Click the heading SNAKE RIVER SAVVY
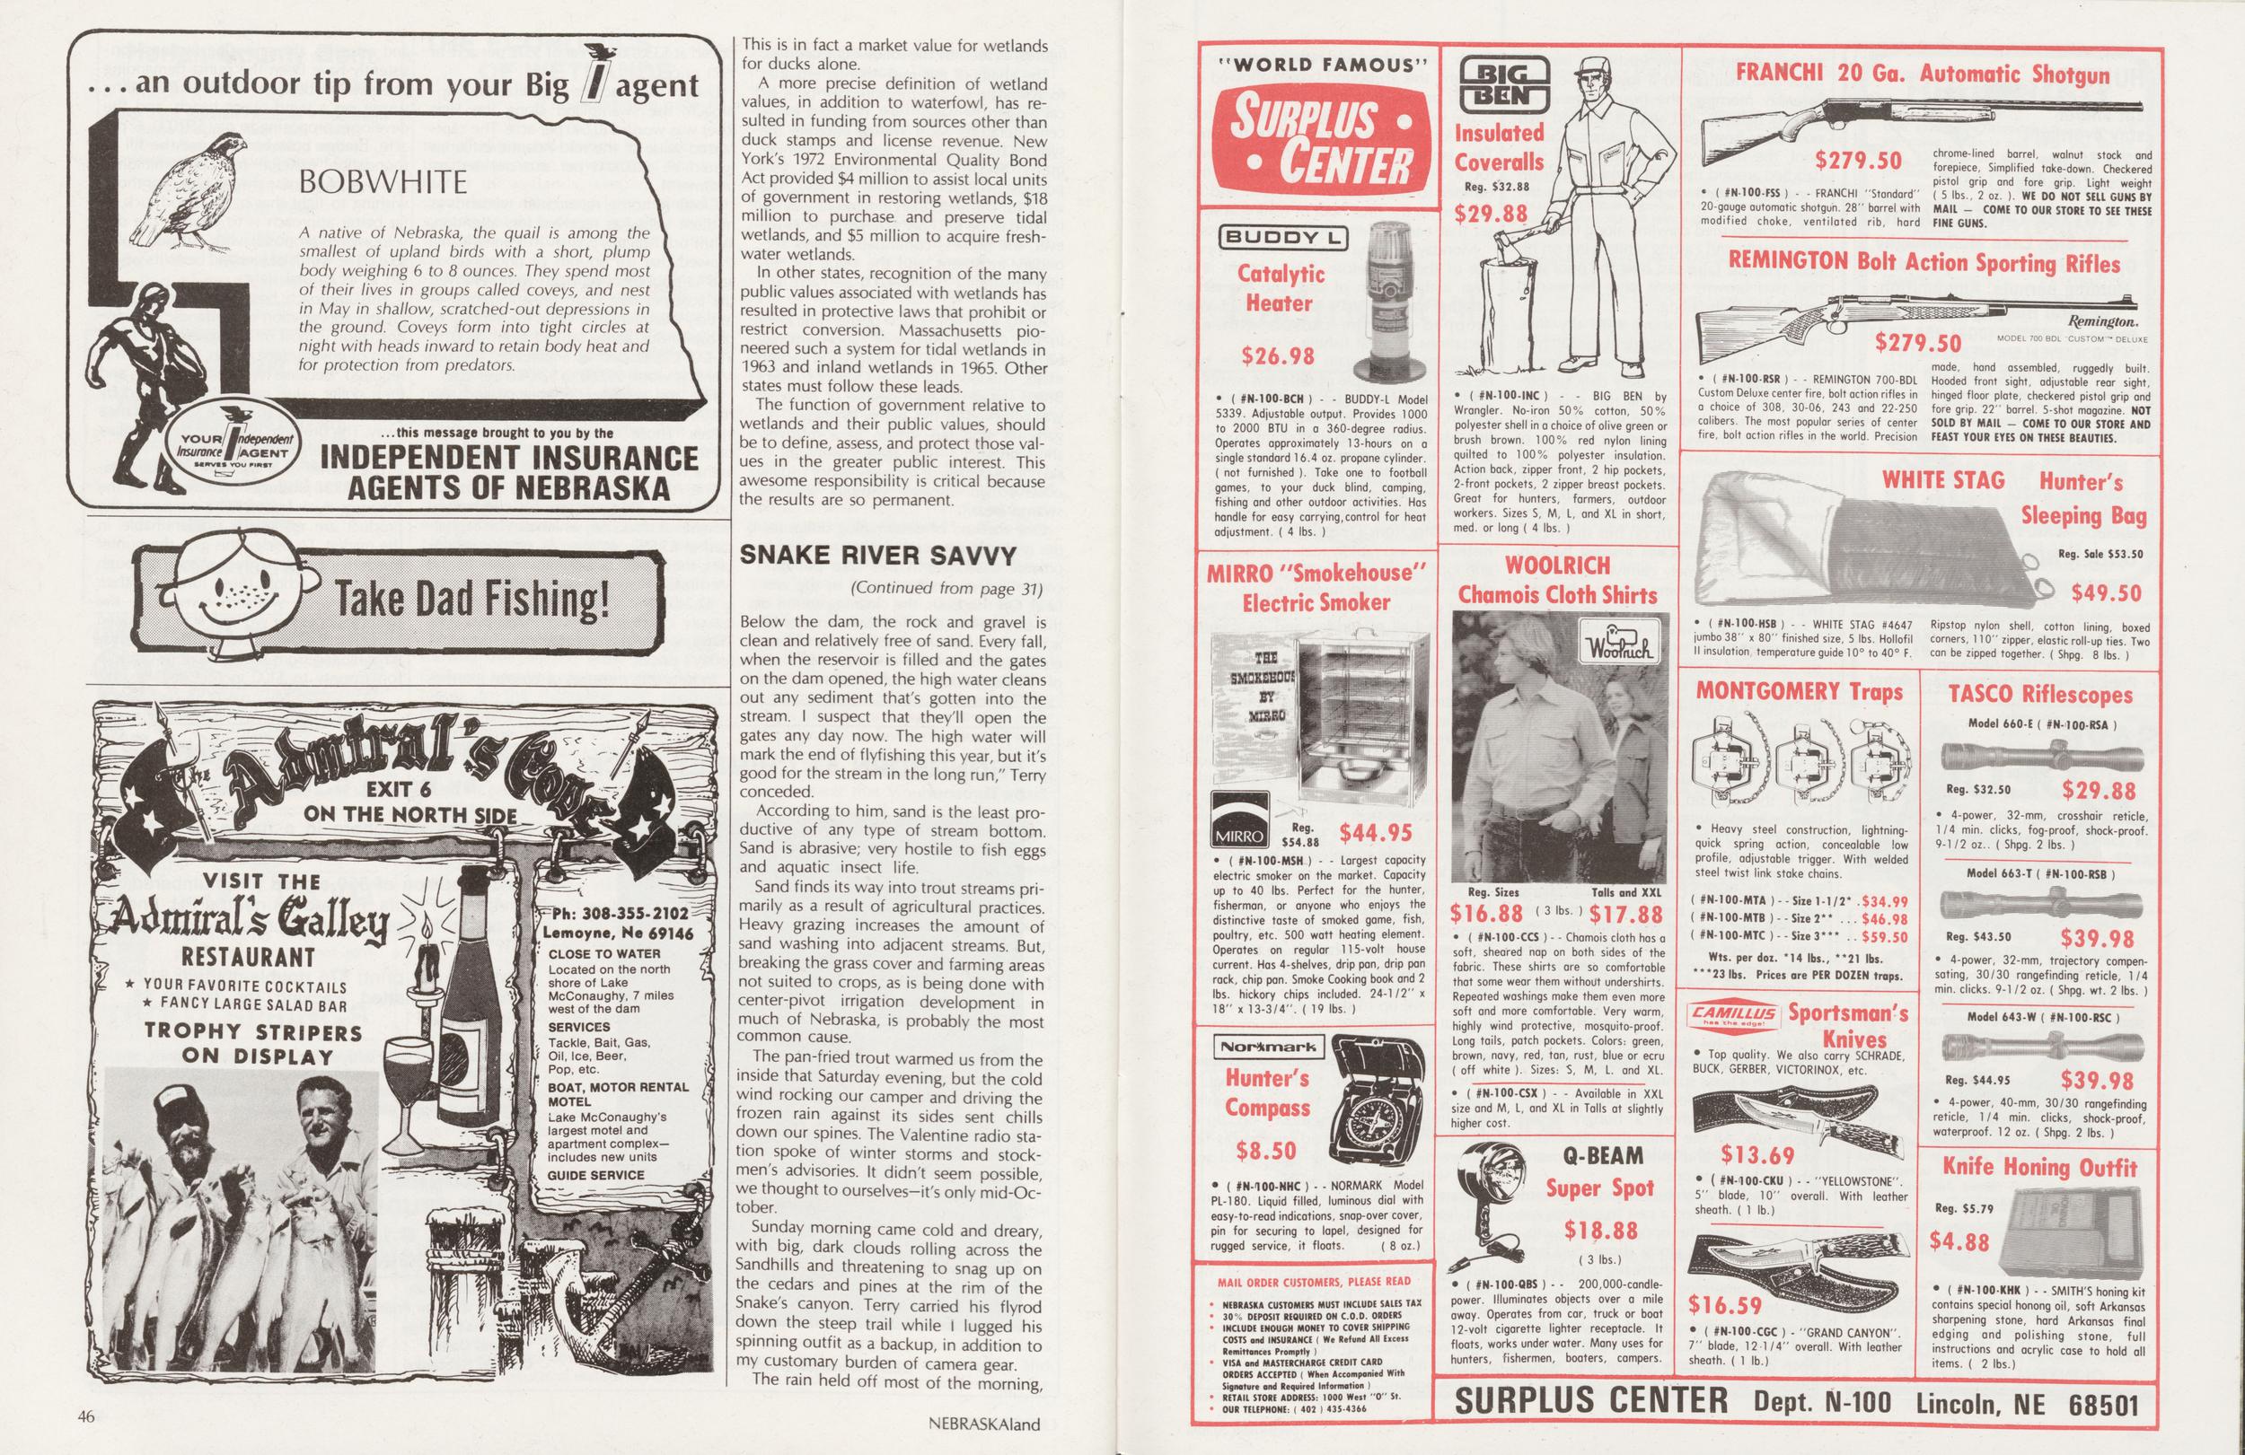tap(878, 555)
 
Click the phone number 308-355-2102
tap(633, 914)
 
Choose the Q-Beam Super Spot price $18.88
tap(1600, 1230)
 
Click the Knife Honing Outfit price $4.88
tap(1959, 1241)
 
